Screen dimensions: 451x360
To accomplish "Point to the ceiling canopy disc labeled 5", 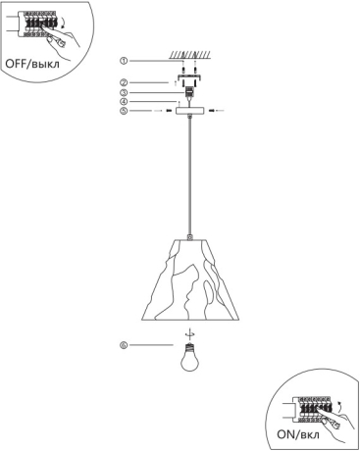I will (187, 112).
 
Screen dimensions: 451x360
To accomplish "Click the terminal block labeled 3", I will (187, 93).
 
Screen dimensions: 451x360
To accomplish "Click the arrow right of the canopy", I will (216, 112).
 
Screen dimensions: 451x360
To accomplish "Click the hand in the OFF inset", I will (61, 34).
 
